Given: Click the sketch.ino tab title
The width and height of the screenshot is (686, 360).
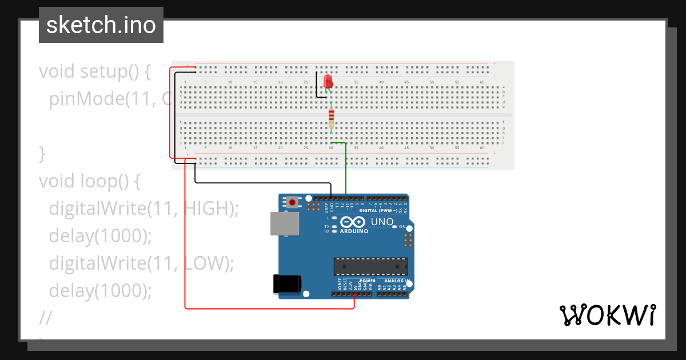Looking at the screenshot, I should (101, 25).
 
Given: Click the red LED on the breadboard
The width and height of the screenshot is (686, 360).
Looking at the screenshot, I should (328, 81).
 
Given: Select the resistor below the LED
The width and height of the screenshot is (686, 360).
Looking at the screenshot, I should (331, 118).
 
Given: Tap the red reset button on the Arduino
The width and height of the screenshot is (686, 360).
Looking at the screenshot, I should (293, 202).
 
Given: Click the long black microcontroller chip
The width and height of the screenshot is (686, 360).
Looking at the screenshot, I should (370, 266).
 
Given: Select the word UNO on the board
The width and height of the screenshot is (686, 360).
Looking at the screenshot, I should (382, 222).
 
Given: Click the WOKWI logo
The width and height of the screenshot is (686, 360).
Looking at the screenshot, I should (607, 315).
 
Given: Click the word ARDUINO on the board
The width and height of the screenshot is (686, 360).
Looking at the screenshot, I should (354, 231).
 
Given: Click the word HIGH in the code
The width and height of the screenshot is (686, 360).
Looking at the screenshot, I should (206, 209).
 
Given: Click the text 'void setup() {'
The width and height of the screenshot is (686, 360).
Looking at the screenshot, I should (94, 71).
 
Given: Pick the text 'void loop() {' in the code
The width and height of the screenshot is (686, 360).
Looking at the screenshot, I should (90, 181).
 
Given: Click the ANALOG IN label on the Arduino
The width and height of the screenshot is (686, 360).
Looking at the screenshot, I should (396, 281).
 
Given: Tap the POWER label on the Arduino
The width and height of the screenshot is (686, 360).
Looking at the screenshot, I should (368, 281).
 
